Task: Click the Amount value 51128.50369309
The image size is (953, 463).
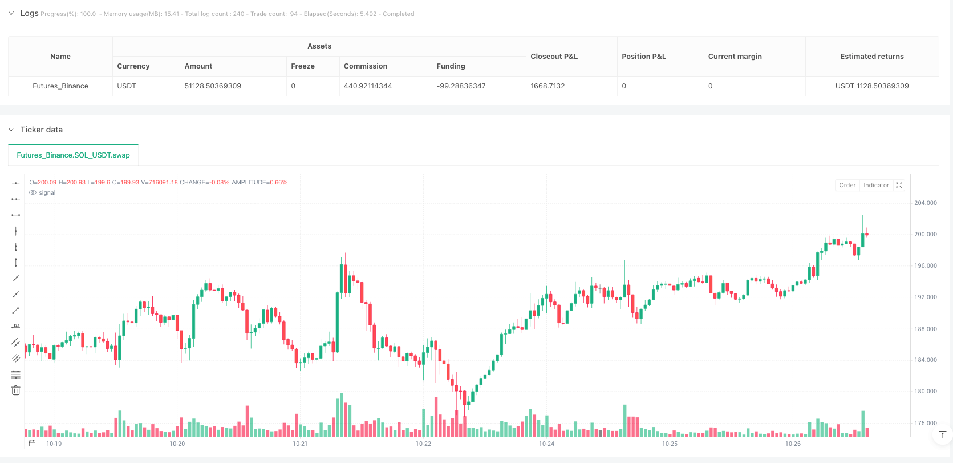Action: (213, 86)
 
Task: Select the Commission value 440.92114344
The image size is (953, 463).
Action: (368, 86)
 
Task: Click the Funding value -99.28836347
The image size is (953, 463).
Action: (461, 86)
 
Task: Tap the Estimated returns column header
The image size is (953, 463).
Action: (871, 57)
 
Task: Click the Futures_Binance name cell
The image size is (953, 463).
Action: (60, 86)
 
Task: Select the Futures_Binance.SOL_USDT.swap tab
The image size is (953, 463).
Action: (73, 155)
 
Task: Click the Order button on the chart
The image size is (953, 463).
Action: (847, 185)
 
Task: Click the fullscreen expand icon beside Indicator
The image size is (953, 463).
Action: (899, 185)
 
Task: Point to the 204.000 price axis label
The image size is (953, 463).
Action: (925, 203)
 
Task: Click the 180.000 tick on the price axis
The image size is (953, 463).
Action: (925, 392)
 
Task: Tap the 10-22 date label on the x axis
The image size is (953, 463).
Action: (423, 444)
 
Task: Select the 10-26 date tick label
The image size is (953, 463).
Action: (793, 444)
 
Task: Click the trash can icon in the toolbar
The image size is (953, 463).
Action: (16, 390)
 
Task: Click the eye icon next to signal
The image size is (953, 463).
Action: (33, 193)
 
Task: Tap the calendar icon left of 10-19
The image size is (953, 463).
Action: (33, 444)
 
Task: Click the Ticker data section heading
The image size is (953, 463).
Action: (41, 130)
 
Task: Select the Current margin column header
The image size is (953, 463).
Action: (735, 57)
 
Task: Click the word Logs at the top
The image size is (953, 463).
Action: (29, 13)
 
